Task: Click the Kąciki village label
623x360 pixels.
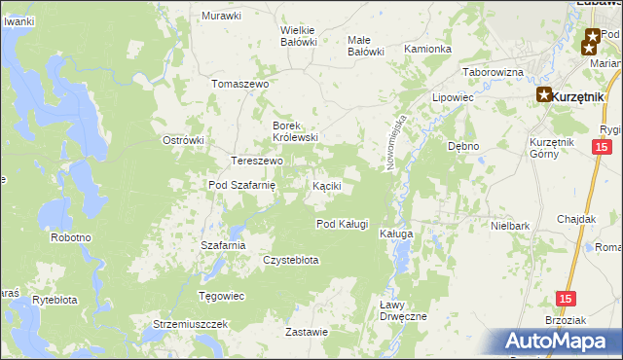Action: pos(326,185)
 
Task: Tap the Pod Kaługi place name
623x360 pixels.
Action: pos(342,224)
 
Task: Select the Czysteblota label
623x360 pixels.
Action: pos(291,260)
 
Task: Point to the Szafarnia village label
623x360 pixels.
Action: pos(223,245)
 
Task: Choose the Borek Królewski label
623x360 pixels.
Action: pos(295,131)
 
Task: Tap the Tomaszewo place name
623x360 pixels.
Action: pos(239,84)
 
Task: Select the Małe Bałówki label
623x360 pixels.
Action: pos(366,45)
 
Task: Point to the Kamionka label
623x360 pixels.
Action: pos(428,49)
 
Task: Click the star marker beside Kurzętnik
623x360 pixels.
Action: pos(543,95)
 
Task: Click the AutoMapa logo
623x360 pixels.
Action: pos(560,341)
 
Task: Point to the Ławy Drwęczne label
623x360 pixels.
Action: pos(402,310)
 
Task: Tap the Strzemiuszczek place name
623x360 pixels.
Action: pos(191,323)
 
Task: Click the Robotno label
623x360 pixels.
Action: pos(71,236)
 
